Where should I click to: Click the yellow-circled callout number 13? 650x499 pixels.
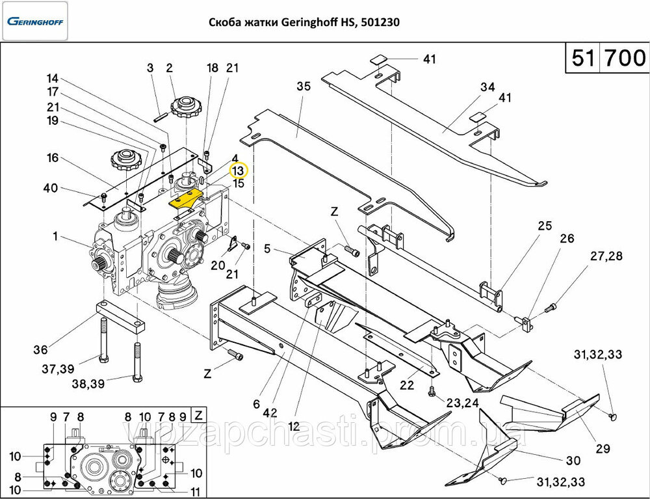pyautogui.click(x=239, y=170)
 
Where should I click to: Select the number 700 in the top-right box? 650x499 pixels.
pyautogui.click(x=625, y=59)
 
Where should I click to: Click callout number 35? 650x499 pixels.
pyautogui.click(x=304, y=87)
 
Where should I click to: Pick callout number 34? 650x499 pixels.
pyautogui.click(x=487, y=87)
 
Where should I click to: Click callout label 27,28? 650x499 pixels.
pyautogui.click(x=605, y=256)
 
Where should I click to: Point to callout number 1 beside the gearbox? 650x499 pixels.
pyautogui.click(x=56, y=236)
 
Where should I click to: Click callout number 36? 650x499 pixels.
pyautogui.click(x=41, y=349)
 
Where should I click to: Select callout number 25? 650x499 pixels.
pyautogui.click(x=544, y=226)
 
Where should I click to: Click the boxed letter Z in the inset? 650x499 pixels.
pyautogui.click(x=199, y=415)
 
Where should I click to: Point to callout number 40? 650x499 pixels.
pyautogui.click(x=50, y=189)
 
